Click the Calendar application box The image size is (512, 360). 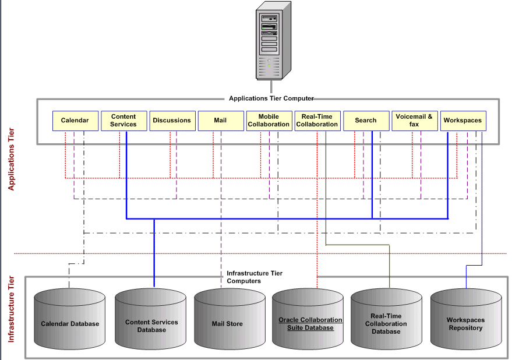tap(75, 121)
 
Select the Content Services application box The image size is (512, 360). tap(123, 121)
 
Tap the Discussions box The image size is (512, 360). tap(171, 121)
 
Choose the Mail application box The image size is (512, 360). tap(220, 121)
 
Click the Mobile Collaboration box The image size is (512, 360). tap(268, 121)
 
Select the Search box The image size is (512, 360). tap(365, 121)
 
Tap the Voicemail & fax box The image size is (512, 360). tap(414, 121)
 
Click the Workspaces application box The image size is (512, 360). tap(462, 121)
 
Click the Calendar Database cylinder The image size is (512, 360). tap(69, 323)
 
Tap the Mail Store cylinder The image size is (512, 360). tap(227, 323)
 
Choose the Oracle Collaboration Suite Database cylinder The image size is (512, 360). tap(310, 323)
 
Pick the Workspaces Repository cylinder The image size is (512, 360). tap(465, 323)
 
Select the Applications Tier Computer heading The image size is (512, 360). tap(271, 98)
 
